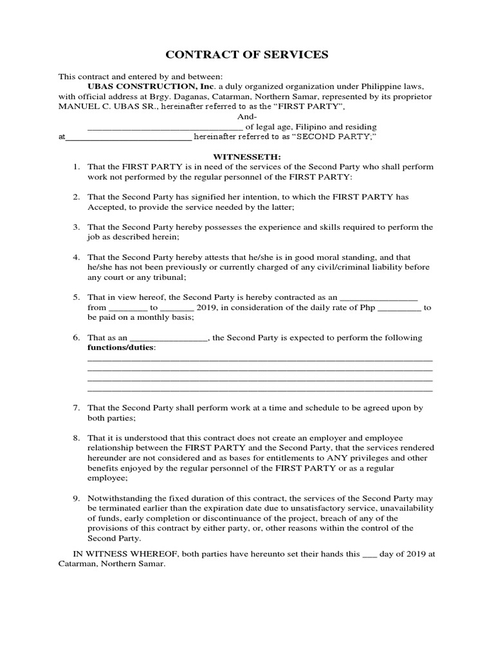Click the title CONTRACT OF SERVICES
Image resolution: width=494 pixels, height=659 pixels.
click(x=247, y=55)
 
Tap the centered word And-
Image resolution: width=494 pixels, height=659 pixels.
click(x=247, y=116)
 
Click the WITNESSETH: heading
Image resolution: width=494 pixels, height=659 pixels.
click(x=247, y=156)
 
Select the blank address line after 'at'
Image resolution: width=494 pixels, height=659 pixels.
click(x=129, y=138)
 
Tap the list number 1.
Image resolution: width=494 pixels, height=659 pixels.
click(x=75, y=167)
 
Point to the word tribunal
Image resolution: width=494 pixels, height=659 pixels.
click(x=166, y=277)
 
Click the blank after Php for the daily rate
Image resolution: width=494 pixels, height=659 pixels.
click(x=398, y=308)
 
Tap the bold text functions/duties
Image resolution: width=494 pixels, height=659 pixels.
click(x=121, y=348)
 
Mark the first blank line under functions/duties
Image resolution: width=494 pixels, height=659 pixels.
click(x=259, y=360)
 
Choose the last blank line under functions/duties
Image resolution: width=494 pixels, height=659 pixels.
click(x=259, y=390)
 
